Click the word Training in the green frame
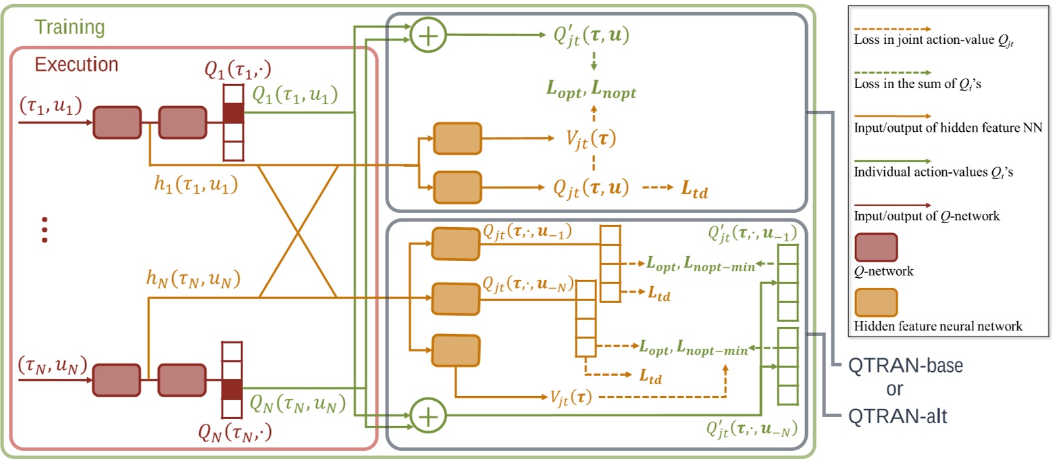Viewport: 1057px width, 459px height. (70, 27)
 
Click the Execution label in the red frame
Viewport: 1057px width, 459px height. (76, 65)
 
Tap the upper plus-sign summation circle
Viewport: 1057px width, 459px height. (428, 35)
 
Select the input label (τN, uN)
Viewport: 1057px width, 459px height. (50, 366)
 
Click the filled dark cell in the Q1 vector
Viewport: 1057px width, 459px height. (232, 113)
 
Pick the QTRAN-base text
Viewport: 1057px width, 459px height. (905, 366)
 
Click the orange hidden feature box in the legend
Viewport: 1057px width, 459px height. (875, 306)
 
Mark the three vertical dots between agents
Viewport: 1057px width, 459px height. (45, 229)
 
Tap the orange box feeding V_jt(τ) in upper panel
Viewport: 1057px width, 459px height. (457, 139)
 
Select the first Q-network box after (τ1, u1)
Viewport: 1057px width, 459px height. (117, 122)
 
